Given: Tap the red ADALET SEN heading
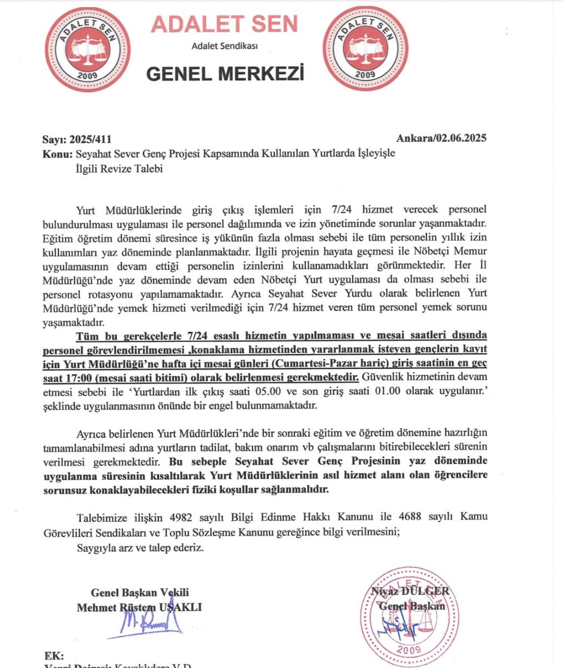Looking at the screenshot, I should click(225, 23).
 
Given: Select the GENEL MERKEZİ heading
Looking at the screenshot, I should click(225, 73).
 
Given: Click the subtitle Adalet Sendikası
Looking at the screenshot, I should click(225, 46).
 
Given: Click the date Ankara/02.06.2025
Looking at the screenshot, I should click(442, 139).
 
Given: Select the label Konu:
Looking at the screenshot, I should click(55, 154).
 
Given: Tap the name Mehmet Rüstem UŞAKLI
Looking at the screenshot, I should click(139, 607).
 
